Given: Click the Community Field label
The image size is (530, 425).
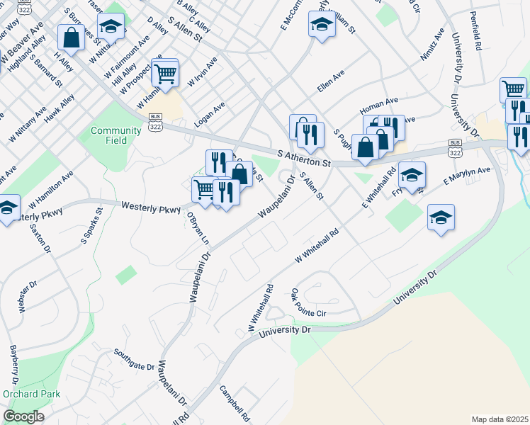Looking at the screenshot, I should pos(109,135).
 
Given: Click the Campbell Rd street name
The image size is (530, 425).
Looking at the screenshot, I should pos(235,404).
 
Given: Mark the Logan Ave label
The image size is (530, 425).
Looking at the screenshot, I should pos(209,114).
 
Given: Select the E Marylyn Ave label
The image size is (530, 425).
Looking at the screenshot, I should pos(466,178).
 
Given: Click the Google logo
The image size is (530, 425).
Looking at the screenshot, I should pos(24,416).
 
